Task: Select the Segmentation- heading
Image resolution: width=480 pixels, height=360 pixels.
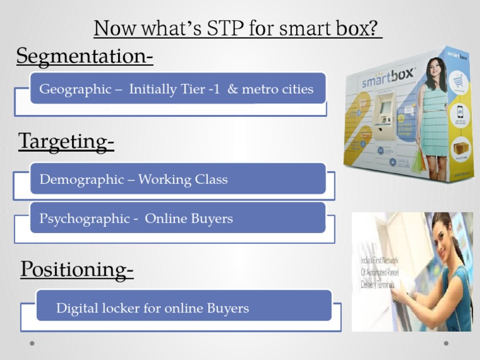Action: tap(84, 56)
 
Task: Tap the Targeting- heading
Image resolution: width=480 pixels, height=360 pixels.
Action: tap(66, 141)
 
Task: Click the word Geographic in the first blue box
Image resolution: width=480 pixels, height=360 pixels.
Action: tap(74, 89)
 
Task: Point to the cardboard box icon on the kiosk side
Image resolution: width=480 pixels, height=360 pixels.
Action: tap(460, 149)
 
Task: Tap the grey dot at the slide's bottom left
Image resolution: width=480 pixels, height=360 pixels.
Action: tap(32, 343)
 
